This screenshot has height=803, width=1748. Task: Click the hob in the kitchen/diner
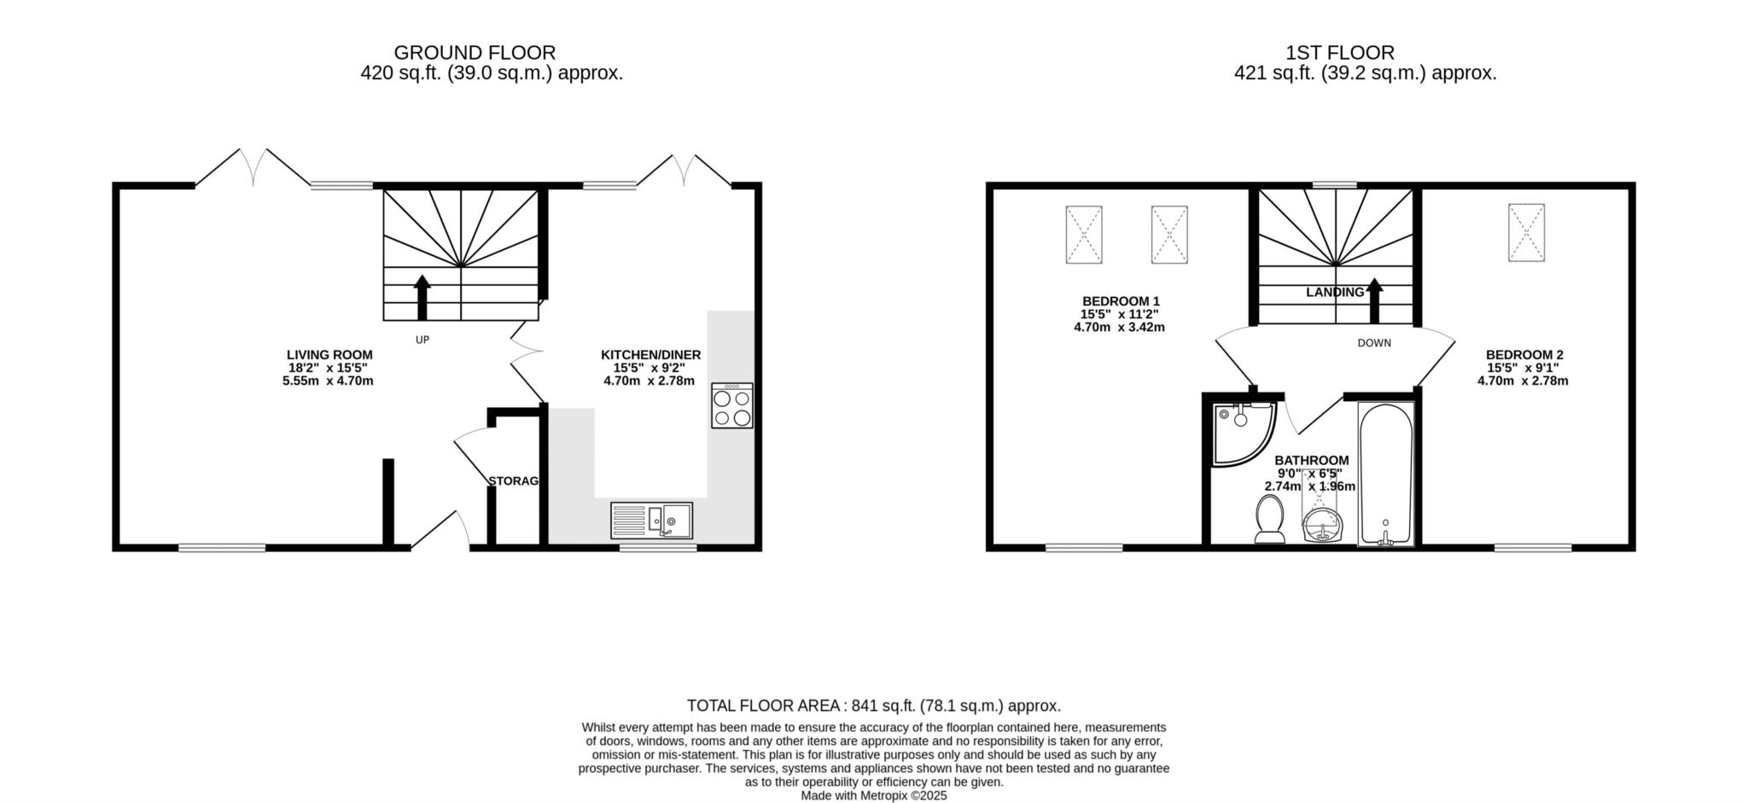point(732,405)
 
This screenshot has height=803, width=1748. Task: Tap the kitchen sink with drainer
point(652,521)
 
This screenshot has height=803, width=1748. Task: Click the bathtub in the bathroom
point(1386,474)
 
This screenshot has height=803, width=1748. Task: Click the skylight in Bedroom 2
point(1526,233)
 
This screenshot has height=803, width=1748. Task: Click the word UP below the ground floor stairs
point(422,340)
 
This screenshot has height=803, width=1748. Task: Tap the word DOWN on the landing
point(1374,343)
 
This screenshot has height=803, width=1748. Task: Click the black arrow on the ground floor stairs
point(422,297)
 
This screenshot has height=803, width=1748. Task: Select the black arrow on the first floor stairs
point(1374,301)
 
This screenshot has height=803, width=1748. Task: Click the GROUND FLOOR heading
point(475,53)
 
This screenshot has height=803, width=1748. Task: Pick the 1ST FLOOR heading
point(1340,53)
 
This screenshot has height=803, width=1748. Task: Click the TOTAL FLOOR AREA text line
point(874,706)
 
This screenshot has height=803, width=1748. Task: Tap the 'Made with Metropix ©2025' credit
point(874,795)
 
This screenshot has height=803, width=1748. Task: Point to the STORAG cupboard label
point(514,481)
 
